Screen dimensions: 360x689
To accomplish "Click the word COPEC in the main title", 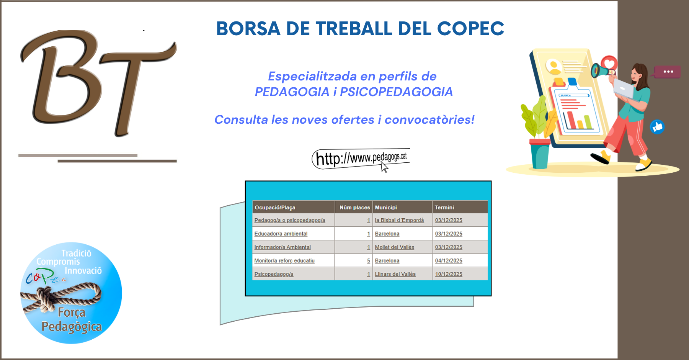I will point(470,29).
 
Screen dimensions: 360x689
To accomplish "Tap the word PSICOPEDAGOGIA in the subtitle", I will point(396,92).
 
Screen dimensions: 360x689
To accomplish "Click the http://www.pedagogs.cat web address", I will point(361,158).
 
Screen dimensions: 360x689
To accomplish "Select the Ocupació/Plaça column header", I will point(275,208).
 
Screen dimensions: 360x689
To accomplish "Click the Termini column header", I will point(444,208).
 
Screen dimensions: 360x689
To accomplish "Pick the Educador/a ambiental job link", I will point(281,234).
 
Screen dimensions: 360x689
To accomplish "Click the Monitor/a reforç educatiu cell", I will point(284,261).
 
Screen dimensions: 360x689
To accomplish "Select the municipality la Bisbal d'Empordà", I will point(399,220).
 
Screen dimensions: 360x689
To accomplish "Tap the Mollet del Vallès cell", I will point(394,247).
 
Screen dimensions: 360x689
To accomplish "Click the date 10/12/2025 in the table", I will point(449,274).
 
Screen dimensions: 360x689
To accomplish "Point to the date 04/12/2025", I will point(449,261).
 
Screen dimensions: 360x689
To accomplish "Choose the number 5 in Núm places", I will point(369,261).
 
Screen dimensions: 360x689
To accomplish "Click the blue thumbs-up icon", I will point(657,127).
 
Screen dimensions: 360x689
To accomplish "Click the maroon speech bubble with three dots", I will point(668,72).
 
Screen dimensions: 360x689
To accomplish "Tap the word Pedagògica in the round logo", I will point(72,327).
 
